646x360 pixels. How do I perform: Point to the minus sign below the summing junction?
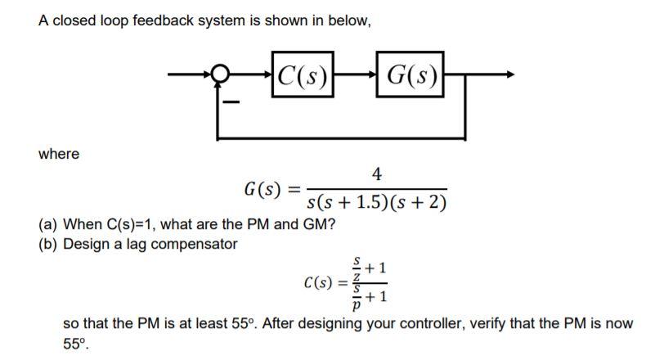231,103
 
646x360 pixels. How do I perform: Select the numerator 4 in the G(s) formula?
376,173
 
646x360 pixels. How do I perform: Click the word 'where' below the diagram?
59,154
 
